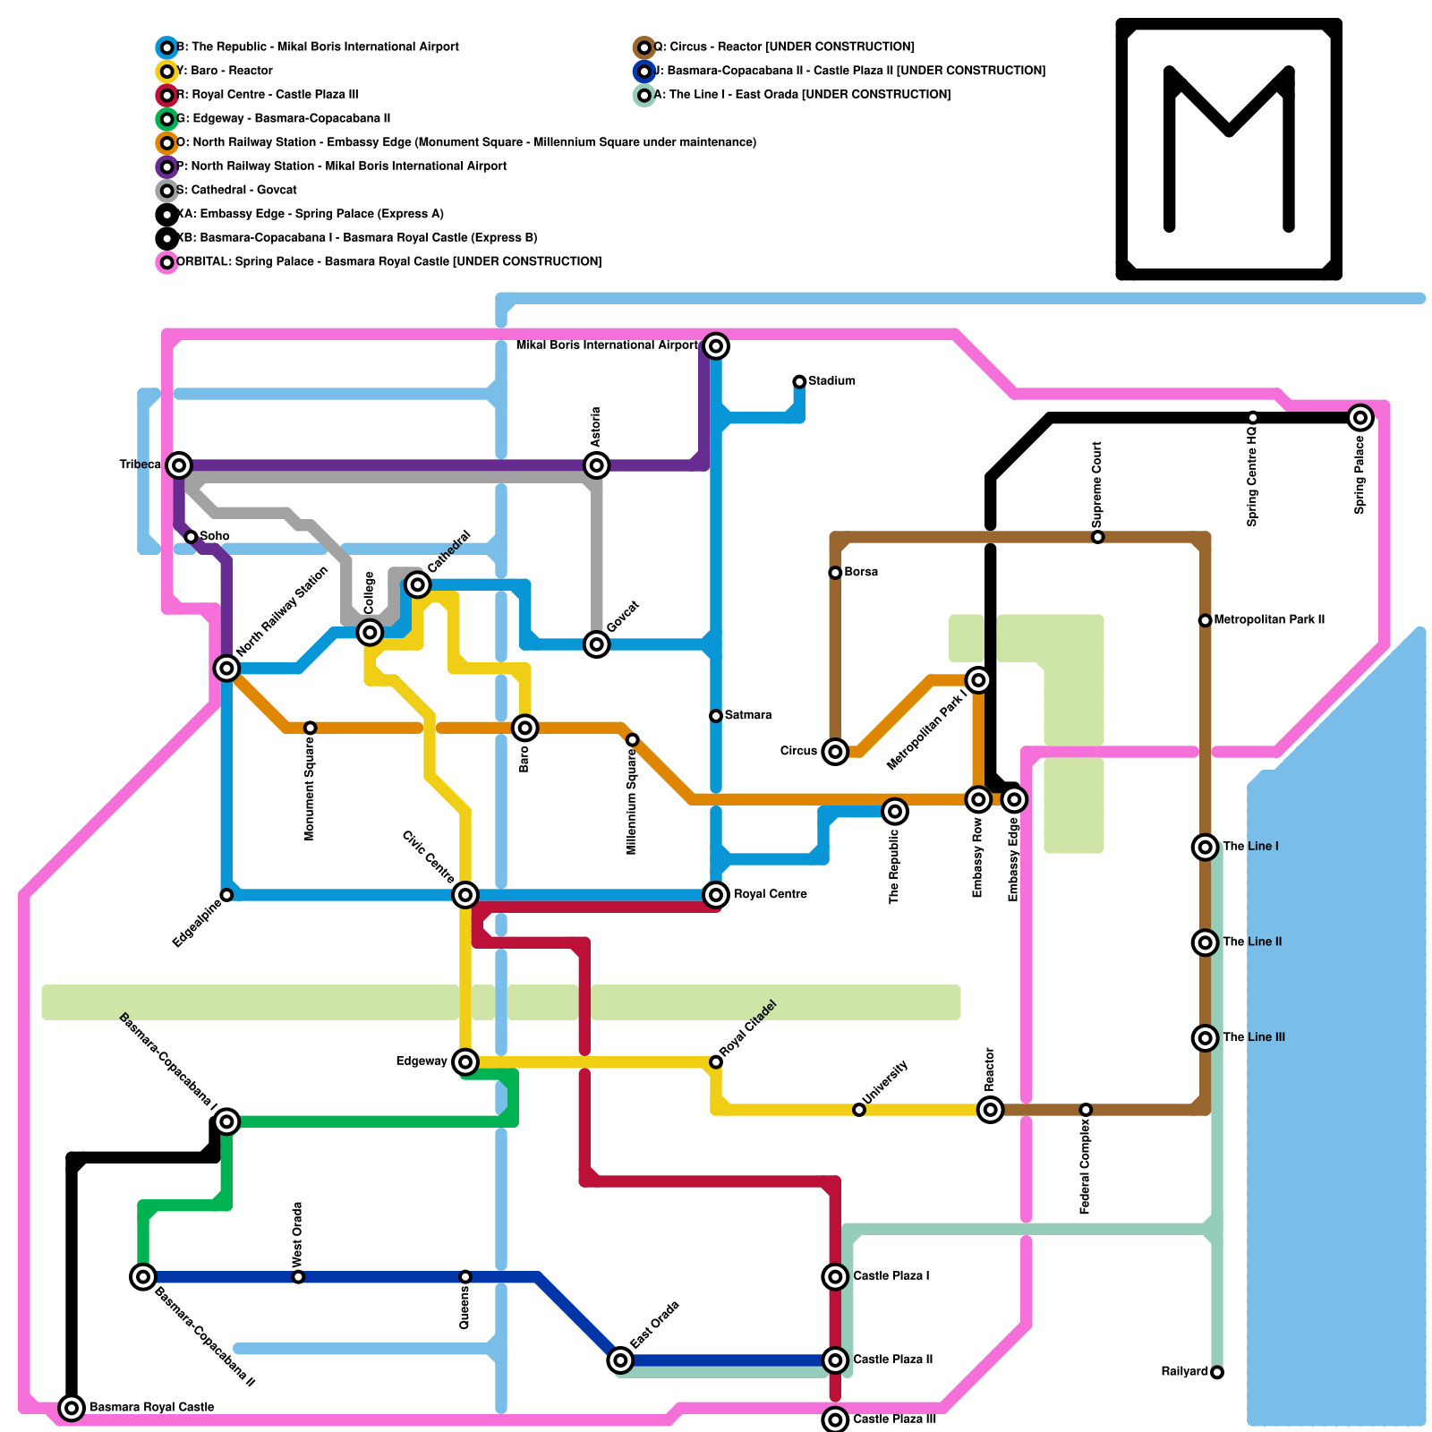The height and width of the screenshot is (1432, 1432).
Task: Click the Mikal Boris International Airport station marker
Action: click(715, 345)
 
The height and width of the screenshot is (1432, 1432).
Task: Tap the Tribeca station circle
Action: click(180, 465)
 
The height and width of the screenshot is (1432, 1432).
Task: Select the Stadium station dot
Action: click(799, 382)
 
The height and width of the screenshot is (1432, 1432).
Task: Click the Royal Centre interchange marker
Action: click(715, 894)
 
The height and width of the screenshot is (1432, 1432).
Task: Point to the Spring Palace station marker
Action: click(1360, 417)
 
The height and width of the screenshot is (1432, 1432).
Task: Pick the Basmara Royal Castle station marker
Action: click(72, 1408)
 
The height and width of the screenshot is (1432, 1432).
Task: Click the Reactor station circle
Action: click(990, 1110)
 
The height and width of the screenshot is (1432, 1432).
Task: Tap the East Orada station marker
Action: click(620, 1360)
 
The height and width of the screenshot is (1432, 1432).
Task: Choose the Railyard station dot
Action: click(1217, 1372)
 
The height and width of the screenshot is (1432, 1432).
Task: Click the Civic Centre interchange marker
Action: click(465, 894)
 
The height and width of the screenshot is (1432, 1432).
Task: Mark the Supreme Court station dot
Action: click(1098, 537)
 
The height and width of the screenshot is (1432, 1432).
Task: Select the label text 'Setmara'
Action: click(748, 715)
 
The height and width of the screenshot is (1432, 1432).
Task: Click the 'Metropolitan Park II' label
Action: click(1269, 619)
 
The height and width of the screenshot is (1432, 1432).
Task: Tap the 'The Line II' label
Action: click(1252, 942)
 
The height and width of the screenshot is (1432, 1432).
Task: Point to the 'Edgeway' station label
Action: click(422, 1061)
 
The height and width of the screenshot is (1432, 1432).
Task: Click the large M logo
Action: click(1229, 149)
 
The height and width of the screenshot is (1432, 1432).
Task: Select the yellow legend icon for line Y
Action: click(166, 71)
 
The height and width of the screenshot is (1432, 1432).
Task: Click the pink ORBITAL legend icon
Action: click(166, 262)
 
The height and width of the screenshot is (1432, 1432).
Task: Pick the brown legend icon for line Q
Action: click(644, 47)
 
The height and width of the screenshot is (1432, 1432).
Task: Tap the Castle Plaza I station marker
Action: click(835, 1276)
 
